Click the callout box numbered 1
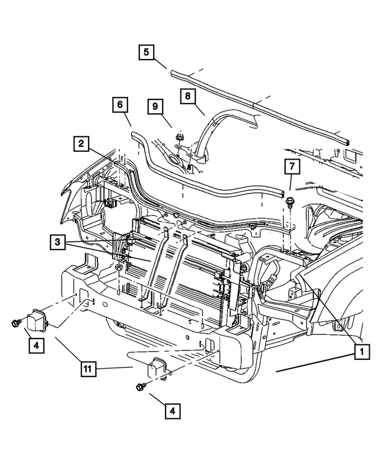click(359, 352)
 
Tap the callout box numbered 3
click(58, 243)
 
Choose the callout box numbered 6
click(120, 106)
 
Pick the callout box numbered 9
click(156, 107)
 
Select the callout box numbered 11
click(88, 369)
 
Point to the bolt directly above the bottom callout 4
click(140, 387)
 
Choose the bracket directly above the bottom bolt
click(157, 368)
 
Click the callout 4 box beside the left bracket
click(35, 346)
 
